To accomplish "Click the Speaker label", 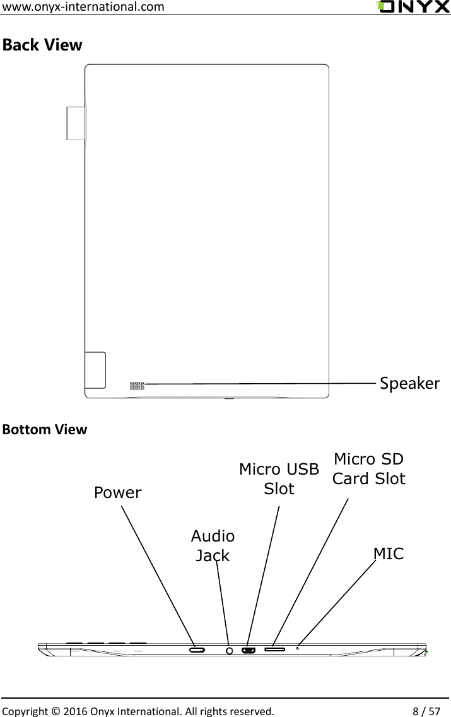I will point(409,383).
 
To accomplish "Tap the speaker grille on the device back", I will point(137,386).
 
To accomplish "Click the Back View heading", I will point(42,45).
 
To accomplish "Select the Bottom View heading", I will point(45,430).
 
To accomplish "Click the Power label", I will point(118,493).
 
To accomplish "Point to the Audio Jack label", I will point(213,546).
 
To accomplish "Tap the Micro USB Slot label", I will point(279,478).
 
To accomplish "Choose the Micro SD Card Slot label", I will point(369,468).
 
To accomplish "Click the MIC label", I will point(389,554).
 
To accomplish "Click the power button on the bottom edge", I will point(197,649).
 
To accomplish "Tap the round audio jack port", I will point(229,649).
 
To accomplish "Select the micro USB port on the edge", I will point(247,649).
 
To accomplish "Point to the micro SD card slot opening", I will point(275,649).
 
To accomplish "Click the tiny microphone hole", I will point(297,648).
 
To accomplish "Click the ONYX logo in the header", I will point(413,7).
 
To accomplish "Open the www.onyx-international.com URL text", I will point(84,7).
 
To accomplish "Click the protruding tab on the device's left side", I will point(76,122).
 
